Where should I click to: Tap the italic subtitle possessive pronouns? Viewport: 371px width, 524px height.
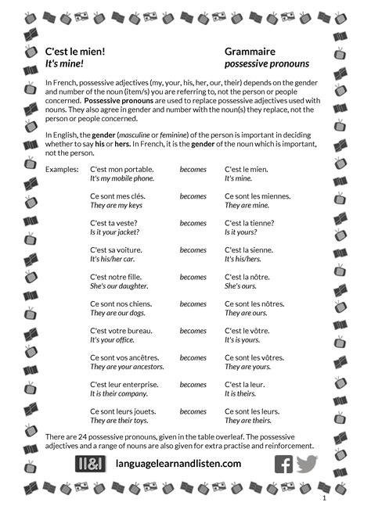(x=266, y=64)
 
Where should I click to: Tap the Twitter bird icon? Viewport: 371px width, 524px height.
(x=307, y=463)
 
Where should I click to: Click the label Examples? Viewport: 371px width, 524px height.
(x=62, y=169)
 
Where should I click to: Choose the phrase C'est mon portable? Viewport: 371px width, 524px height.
(x=121, y=169)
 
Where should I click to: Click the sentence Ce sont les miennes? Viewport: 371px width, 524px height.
(x=252, y=196)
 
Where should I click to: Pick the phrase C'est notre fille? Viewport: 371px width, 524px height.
(x=119, y=277)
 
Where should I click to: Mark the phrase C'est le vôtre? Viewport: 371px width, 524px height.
(x=247, y=331)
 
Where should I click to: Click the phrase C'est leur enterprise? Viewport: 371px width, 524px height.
(x=124, y=385)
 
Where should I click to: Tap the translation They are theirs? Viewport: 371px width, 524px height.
(x=247, y=421)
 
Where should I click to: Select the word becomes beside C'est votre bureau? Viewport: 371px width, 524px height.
(x=193, y=331)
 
